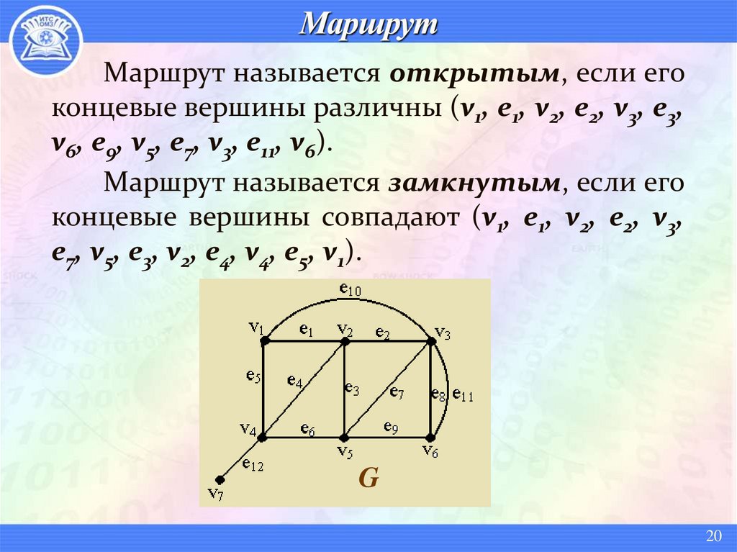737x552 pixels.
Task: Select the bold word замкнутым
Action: (474, 183)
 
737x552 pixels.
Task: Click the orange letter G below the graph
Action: (368, 478)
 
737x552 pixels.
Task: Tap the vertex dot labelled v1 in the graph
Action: (264, 340)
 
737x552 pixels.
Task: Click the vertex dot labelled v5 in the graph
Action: (345, 437)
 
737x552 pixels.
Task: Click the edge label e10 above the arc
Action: (350, 289)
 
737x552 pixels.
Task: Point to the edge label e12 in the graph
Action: (253, 465)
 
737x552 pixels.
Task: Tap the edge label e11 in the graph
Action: (462, 394)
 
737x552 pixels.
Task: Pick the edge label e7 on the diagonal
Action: (397, 392)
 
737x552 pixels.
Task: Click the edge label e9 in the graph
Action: (391, 427)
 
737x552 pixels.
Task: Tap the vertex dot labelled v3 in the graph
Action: (432, 340)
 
